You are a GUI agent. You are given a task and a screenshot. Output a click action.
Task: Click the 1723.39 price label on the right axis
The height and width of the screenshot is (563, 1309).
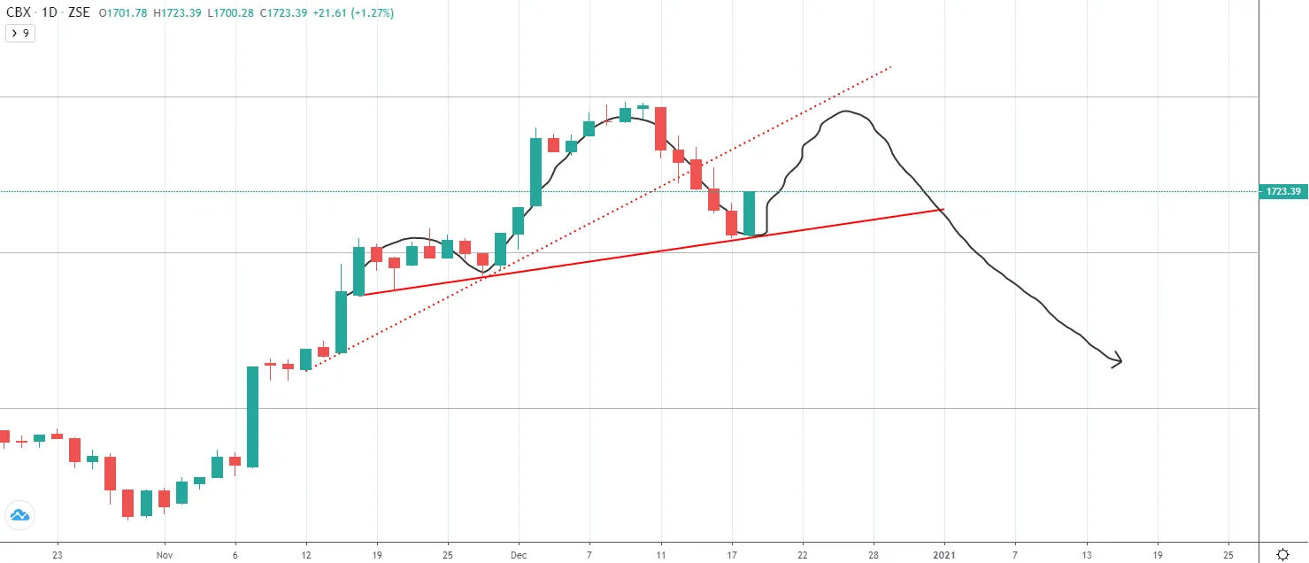tap(1282, 191)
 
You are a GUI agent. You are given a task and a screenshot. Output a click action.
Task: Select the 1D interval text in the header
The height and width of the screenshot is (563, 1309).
tap(50, 13)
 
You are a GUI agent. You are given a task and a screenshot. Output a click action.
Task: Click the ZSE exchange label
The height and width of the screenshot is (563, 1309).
tap(79, 13)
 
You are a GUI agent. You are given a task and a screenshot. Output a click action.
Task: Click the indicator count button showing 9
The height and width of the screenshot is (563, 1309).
tap(20, 33)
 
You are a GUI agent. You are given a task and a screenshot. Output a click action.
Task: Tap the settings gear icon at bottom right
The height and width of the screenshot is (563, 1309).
tap(1282, 553)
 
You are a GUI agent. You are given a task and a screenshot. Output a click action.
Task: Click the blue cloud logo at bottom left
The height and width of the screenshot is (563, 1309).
tap(19, 515)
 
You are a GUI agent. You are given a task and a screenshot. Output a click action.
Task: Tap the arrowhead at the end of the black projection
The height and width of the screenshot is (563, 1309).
tap(1118, 360)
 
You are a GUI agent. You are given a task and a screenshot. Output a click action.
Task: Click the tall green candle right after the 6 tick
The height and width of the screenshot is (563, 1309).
tap(252, 416)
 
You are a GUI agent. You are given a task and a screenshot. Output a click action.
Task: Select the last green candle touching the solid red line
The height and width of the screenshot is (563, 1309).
tap(750, 213)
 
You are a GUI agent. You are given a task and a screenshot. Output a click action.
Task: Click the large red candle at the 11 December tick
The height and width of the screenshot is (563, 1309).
tap(660, 129)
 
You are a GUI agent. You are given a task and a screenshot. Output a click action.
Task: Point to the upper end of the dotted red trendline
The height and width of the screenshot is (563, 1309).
tap(889, 66)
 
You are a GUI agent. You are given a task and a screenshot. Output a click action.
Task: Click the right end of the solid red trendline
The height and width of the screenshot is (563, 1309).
tap(943, 210)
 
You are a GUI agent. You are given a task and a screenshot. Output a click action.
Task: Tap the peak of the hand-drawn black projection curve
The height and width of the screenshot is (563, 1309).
tap(847, 112)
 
